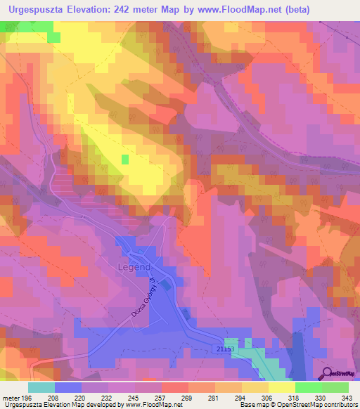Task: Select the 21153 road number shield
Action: coord(224,349)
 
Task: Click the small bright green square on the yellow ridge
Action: coord(125,160)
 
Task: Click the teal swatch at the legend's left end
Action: coord(41,387)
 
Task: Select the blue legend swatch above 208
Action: coord(68,387)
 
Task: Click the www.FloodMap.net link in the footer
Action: coord(150,405)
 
